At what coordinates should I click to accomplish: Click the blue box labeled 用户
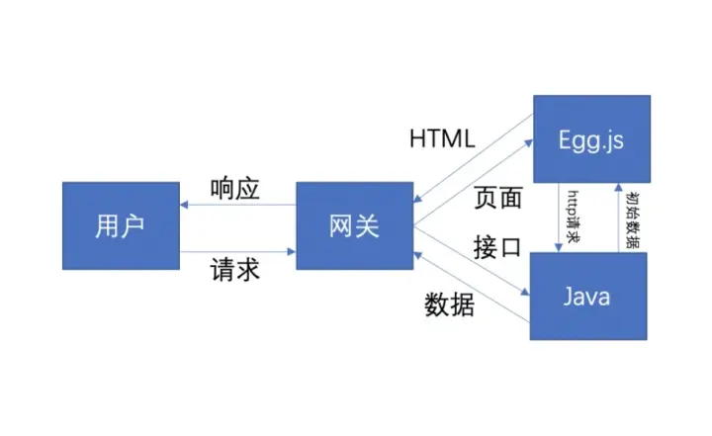tap(121, 225)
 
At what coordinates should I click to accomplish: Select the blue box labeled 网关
tap(354, 225)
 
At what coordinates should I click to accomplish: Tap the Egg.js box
tap(591, 139)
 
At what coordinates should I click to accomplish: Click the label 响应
tap(235, 189)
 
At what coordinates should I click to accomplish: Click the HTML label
tap(442, 137)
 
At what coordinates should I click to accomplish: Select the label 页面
tap(496, 198)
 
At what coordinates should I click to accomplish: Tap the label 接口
tap(496, 247)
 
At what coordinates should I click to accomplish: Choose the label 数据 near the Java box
tap(450, 305)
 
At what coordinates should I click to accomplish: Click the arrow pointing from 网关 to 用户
tap(237, 206)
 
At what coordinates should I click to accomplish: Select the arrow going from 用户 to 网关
tap(237, 251)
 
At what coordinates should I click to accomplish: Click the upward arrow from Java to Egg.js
tap(619, 218)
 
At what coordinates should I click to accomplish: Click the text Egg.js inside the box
tap(591, 139)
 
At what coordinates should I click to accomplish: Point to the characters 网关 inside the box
tap(354, 226)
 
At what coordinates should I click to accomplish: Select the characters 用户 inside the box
tap(121, 226)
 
